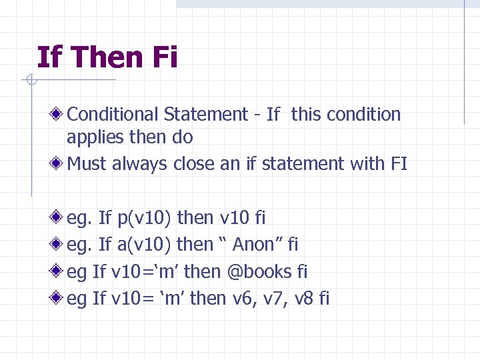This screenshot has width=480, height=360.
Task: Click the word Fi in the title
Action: [164, 57]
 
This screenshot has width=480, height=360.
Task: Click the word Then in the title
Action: [106, 57]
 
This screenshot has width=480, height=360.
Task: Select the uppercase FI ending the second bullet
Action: [399, 163]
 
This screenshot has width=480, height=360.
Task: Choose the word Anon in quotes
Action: [253, 245]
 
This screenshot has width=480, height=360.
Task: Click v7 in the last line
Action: [274, 299]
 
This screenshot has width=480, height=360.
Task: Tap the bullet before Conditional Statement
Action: [60, 115]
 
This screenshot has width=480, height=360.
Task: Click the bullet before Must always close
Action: [60, 163]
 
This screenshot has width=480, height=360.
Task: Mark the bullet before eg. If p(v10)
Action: [60, 218]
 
